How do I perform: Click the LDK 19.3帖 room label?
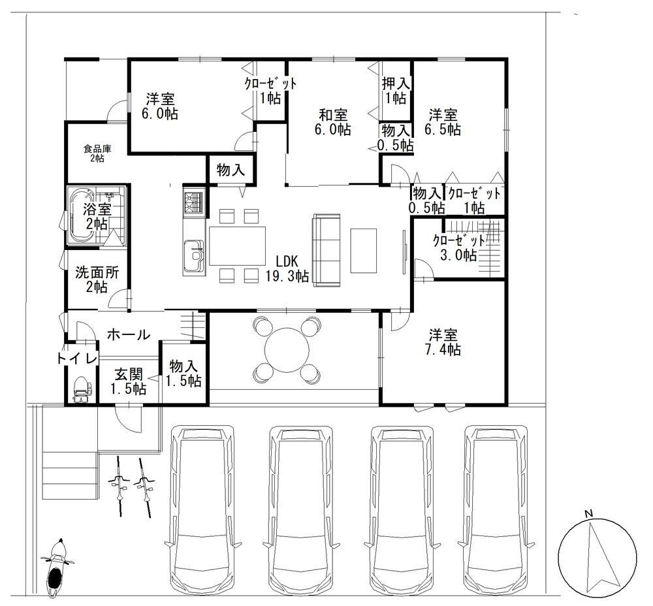287,268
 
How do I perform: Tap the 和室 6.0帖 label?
332,121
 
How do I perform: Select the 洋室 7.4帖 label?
443,342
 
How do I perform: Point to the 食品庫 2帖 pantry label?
97,153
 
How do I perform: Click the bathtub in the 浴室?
84,215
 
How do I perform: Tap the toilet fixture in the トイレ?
81,389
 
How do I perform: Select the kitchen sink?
194,256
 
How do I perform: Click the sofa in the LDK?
326,250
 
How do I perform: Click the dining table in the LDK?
238,246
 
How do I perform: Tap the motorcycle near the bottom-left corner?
57,570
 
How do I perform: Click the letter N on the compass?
588,513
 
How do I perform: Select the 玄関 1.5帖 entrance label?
128,381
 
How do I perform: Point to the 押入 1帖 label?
396,90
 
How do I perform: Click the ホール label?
129,334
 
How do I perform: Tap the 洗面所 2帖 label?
97,279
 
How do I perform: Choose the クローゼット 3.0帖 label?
459,247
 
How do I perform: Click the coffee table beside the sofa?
364,251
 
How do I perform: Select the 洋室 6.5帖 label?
443,121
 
